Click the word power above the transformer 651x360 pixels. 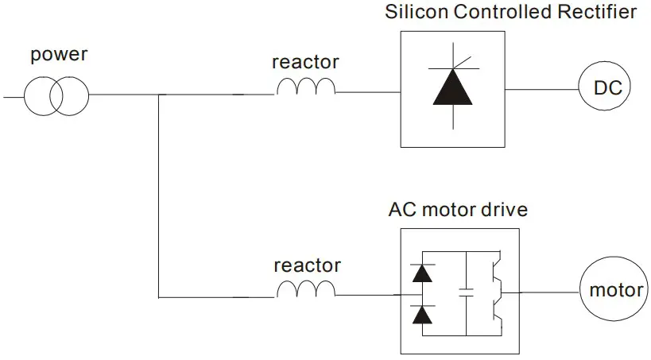58,56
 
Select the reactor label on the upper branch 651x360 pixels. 305,62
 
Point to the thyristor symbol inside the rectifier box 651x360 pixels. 453,87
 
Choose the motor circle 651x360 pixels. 615,290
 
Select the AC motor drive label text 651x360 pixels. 458,211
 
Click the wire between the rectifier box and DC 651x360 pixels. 540,89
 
